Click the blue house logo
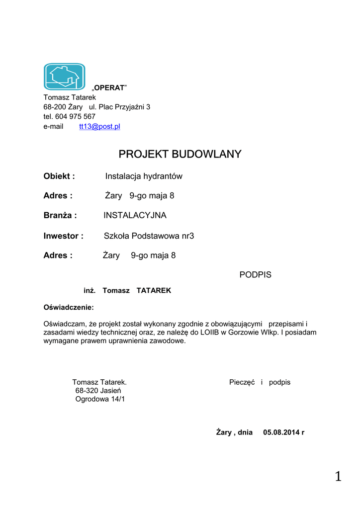(64, 76)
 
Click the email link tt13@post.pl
(99, 126)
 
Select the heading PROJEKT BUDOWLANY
(180, 154)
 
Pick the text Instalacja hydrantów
(144, 176)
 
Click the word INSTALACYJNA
(135, 215)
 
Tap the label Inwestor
(63, 236)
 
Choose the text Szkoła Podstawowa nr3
(149, 236)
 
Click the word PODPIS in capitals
(255, 274)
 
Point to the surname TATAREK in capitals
(154, 290)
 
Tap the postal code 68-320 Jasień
(98, 391)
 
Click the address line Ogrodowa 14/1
(100, 399)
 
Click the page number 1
(338, 477)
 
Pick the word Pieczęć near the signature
(242, 382)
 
